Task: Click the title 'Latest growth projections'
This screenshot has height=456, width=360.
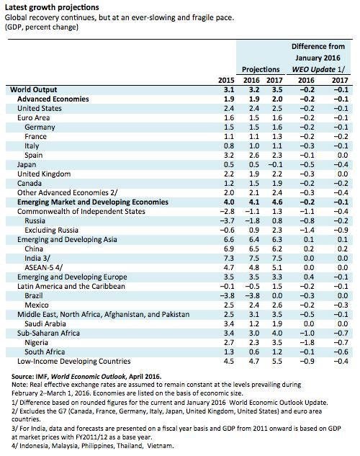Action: [x=52, y=7]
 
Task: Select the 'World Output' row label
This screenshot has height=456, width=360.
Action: [x=33, y=89]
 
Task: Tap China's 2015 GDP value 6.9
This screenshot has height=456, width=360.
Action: [x=229, y=249]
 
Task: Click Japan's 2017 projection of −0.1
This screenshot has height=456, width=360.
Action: [x=276, y=164]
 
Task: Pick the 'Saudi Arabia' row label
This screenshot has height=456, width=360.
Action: [x=45, y=323]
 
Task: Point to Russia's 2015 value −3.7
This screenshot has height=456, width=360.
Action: [x=227, y=220]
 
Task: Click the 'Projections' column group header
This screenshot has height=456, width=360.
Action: [x=261, y=69]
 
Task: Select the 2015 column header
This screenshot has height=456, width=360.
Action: [x=226, y=80]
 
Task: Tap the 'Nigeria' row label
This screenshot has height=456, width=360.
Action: [x=36, y=343]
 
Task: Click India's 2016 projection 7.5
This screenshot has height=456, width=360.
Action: [x=254, y=258]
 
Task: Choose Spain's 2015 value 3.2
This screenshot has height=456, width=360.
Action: [x=229, y=156]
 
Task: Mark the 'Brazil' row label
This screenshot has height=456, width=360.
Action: [x=34, y=296]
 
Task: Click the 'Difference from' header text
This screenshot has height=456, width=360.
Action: [x=318, y=46]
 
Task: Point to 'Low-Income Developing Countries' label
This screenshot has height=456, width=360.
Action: [x=74, y=361]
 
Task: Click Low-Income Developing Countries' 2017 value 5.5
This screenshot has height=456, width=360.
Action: [x=277, y=361]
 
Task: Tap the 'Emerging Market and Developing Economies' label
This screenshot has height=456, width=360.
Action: [x=93, y=202]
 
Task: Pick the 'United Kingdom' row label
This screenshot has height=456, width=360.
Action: [x=44, y=174]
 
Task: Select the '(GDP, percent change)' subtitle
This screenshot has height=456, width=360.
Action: [x=42, y=27]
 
